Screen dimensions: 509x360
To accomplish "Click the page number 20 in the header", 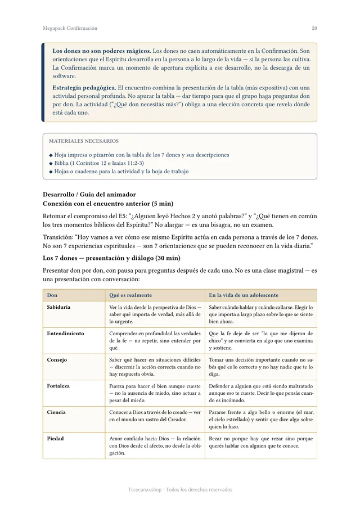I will (x=314, y=28).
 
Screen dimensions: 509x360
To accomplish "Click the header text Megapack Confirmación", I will (x=70, y=28).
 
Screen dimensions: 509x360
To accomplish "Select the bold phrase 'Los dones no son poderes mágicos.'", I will (x=101, y=51).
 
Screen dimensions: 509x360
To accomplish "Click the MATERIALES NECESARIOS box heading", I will (x=83, y=141).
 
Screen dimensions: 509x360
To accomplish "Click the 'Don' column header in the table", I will (x=52, y=295).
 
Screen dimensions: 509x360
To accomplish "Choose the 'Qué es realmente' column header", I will (x=130, y=295).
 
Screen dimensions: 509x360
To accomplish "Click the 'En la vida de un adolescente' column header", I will (x=244, y=295).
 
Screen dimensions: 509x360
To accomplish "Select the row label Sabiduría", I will (x=58, y=308).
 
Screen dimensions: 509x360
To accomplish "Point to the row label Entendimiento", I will (x=65, y=334).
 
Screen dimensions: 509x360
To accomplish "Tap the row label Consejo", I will (x=57, y=360).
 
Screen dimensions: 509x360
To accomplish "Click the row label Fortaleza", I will (x=58, y=386).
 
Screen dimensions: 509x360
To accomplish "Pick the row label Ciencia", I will (x=56, y=412).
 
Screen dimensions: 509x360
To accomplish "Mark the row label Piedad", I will (x=55, y=439).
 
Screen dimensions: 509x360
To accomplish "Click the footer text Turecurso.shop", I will (x=148, y=489).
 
